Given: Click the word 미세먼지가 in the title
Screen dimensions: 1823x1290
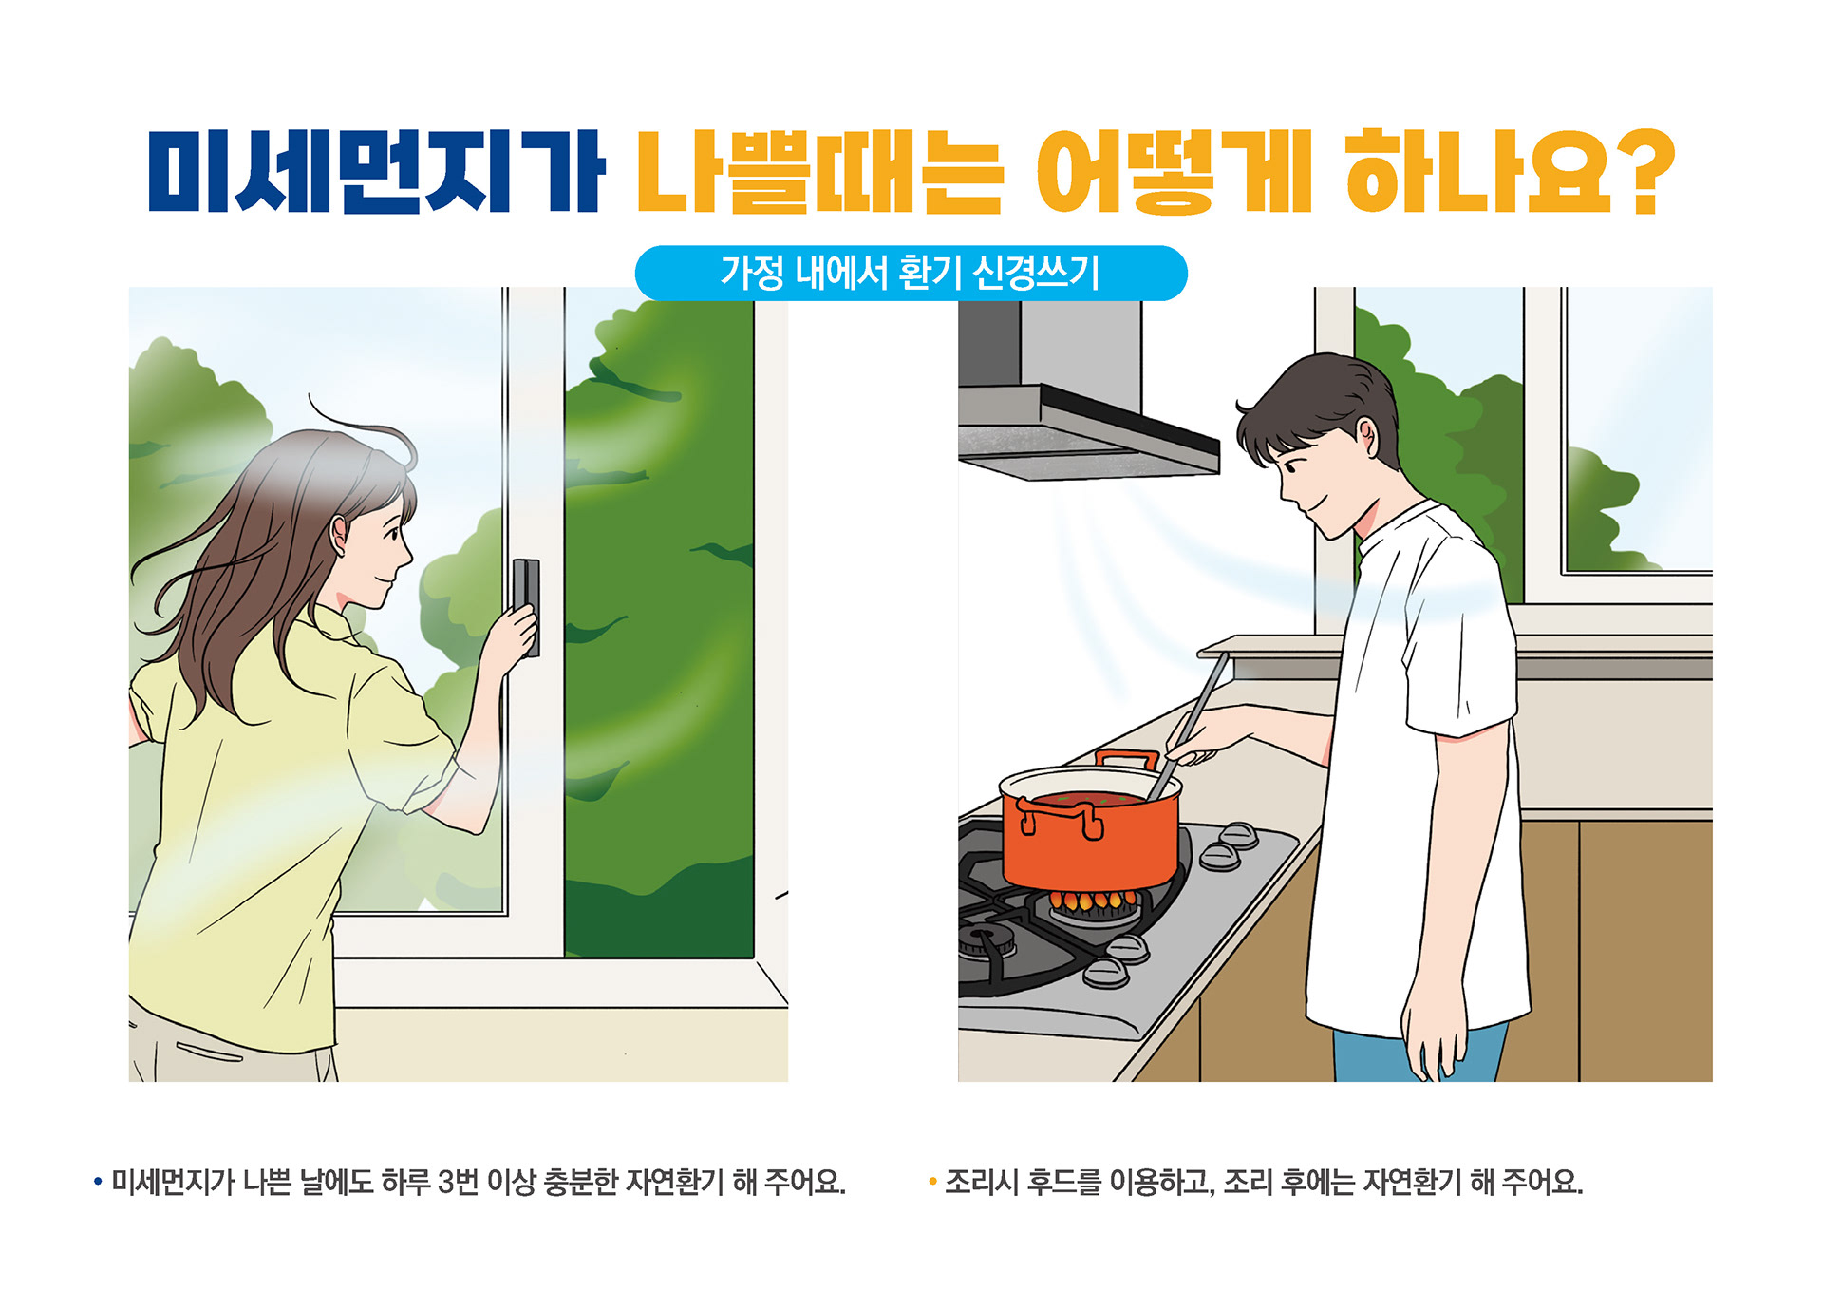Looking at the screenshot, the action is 376,171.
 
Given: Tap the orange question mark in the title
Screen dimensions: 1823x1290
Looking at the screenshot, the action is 1641,171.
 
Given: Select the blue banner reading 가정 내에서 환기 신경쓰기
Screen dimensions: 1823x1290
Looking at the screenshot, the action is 911,273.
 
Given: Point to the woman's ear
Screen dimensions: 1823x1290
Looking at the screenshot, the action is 340,537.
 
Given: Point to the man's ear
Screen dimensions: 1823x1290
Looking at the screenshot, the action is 1365,439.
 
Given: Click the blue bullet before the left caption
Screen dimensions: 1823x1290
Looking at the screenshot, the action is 98,1183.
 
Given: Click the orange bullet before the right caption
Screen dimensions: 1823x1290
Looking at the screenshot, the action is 932,1183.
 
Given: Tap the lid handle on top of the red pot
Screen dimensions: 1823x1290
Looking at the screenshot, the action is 1127,759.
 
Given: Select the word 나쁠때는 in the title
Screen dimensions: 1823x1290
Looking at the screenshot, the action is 818,171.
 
